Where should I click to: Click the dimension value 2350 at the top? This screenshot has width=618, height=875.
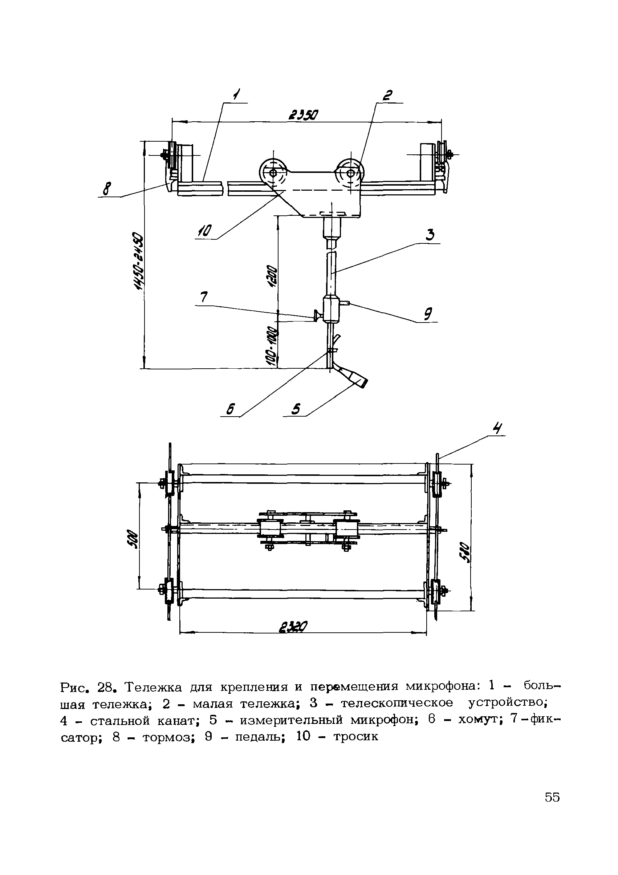tap(303, 115)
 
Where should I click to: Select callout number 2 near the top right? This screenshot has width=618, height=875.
tap(387, 95)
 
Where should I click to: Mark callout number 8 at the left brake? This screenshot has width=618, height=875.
tap(428, 315)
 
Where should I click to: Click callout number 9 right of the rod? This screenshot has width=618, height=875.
tap(205, 231)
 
